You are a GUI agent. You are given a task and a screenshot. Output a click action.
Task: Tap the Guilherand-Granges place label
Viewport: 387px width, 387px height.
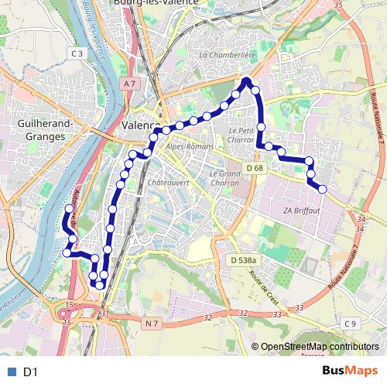(x=43, y=129)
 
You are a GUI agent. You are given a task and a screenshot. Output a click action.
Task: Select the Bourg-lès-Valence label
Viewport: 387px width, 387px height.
(x=166, y=3)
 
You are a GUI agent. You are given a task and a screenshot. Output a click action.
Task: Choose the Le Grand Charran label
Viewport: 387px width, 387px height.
(x=226, y=178)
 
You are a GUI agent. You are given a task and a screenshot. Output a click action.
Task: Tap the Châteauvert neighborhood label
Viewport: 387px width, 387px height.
(x=163, y=183)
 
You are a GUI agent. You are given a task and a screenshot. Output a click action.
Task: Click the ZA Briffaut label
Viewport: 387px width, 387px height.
(x=302, y=211)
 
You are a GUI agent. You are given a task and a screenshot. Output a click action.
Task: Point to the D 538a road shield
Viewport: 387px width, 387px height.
(x=244, y=261)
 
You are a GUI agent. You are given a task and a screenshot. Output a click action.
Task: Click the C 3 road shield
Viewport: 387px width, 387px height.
(x=76, y=53)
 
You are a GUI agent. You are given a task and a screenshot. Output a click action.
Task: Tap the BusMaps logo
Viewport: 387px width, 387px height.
(x=351, y=371)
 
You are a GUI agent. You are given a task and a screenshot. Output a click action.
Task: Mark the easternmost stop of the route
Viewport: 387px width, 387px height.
(x=322, y=189)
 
